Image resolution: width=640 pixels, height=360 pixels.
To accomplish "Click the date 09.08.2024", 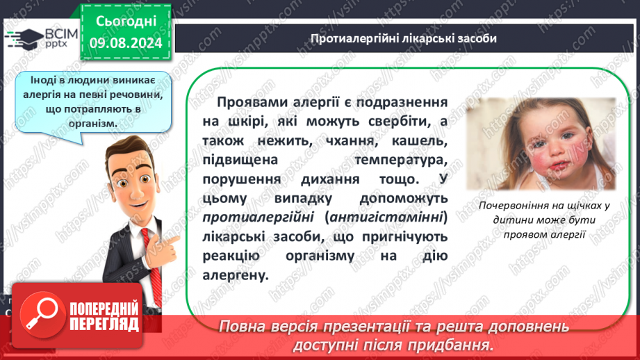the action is [126, 43].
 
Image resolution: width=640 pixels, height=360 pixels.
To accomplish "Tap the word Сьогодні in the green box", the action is [126, 22].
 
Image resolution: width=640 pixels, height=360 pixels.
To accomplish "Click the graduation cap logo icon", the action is [24, 38].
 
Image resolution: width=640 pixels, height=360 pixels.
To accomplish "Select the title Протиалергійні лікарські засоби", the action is [403, 38].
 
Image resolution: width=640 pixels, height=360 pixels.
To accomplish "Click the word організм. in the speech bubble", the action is [93, 123].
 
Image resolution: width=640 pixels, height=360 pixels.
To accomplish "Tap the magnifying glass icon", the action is [42, 315].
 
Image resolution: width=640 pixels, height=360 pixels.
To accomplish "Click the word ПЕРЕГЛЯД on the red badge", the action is [104, 325].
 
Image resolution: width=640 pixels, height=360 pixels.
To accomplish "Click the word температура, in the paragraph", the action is [401, 160].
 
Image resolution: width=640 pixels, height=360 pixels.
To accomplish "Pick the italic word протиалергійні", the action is [258, 217].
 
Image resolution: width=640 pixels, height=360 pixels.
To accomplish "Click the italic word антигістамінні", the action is [386, 217].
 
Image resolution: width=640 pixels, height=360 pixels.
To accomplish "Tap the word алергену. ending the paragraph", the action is [236, 275].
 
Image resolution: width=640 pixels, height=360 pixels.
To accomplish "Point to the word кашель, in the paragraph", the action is [420, 141].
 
